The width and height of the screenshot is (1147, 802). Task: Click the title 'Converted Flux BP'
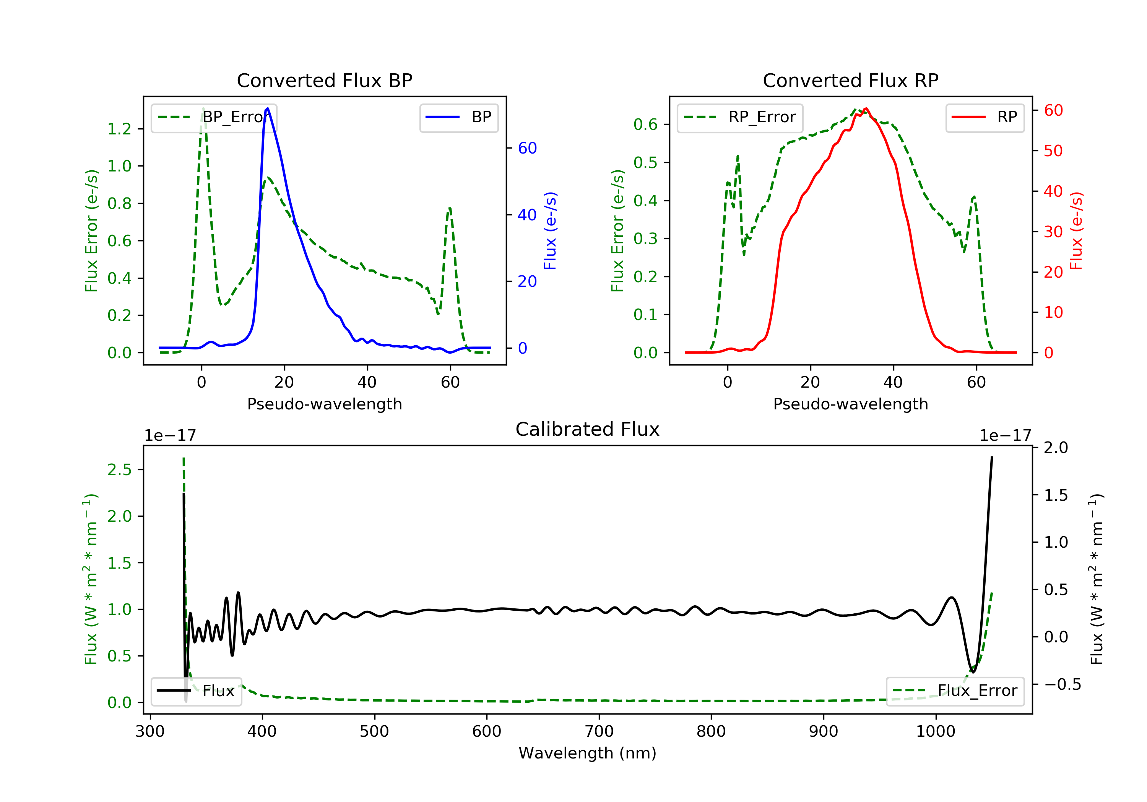tap(324, 80)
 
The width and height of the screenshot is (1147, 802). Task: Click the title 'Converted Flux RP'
tap(850, 80)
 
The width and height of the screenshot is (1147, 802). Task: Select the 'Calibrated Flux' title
tap(588, 429)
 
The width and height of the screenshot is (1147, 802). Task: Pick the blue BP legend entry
tap(458, 117)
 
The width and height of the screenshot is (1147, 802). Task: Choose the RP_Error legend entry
tap(739, 117)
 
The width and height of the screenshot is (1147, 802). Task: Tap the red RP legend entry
tap(984, 117)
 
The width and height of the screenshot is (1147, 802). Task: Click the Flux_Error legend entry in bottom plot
tap(955, 691)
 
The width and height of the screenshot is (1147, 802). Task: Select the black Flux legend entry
tap(196, 691)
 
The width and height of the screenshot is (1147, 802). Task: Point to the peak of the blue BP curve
tap(268, 108)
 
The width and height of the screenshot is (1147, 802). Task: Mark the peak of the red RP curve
tap(866, 109)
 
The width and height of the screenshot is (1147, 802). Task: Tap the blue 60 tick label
tap(527, 148)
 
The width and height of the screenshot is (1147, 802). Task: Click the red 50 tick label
tap(1053, 151)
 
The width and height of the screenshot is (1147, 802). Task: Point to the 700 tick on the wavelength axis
tap(599, 732)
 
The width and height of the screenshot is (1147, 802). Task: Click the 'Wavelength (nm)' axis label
tap(588, 753)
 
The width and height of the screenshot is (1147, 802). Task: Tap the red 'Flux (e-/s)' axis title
tap(1076, 231)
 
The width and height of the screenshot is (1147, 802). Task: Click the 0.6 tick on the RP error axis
tap(645, 124)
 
